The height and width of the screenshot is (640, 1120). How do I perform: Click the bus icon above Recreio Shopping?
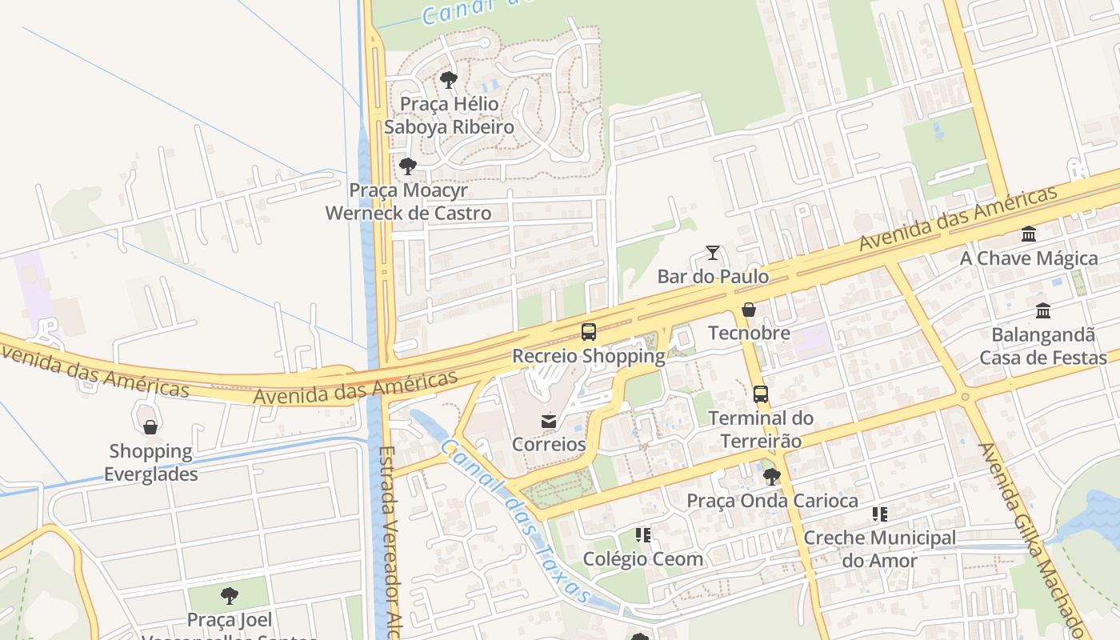[x=589, y=331]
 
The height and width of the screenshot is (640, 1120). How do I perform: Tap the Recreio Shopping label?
[x=589, y=356]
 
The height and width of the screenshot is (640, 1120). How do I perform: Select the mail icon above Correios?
[x=549, y=421]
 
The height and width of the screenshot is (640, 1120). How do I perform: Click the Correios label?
[x=549, y=444]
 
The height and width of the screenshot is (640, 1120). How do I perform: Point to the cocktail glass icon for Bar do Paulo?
[x=713, y=253]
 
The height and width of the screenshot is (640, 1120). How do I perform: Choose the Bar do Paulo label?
[x=713, y=277]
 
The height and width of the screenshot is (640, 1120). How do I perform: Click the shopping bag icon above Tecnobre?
[x=749, y=310]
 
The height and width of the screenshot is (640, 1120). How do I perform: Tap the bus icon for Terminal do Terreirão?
[x=761, y=394]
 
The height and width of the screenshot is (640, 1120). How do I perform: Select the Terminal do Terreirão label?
[x=761, y=429]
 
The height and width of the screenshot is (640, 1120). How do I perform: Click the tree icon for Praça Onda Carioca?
[x=772, y=477]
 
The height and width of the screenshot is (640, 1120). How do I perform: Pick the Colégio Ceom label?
[x=643, y=558]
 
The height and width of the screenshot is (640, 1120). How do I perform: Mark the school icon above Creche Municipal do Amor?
[x=880, y=514]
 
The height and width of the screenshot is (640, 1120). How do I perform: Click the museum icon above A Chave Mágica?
[x=1029, y=234]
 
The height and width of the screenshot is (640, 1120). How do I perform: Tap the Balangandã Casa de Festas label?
[x=1043, y=346]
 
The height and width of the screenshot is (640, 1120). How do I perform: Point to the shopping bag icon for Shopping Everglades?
[x=150, y=427]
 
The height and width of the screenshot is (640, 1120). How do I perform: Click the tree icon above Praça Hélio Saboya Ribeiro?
[x=449, y=80]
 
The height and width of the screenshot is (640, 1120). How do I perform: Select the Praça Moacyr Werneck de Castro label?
[x=408, y=202]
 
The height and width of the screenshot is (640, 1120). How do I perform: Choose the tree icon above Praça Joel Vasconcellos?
[x=230, y=596]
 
